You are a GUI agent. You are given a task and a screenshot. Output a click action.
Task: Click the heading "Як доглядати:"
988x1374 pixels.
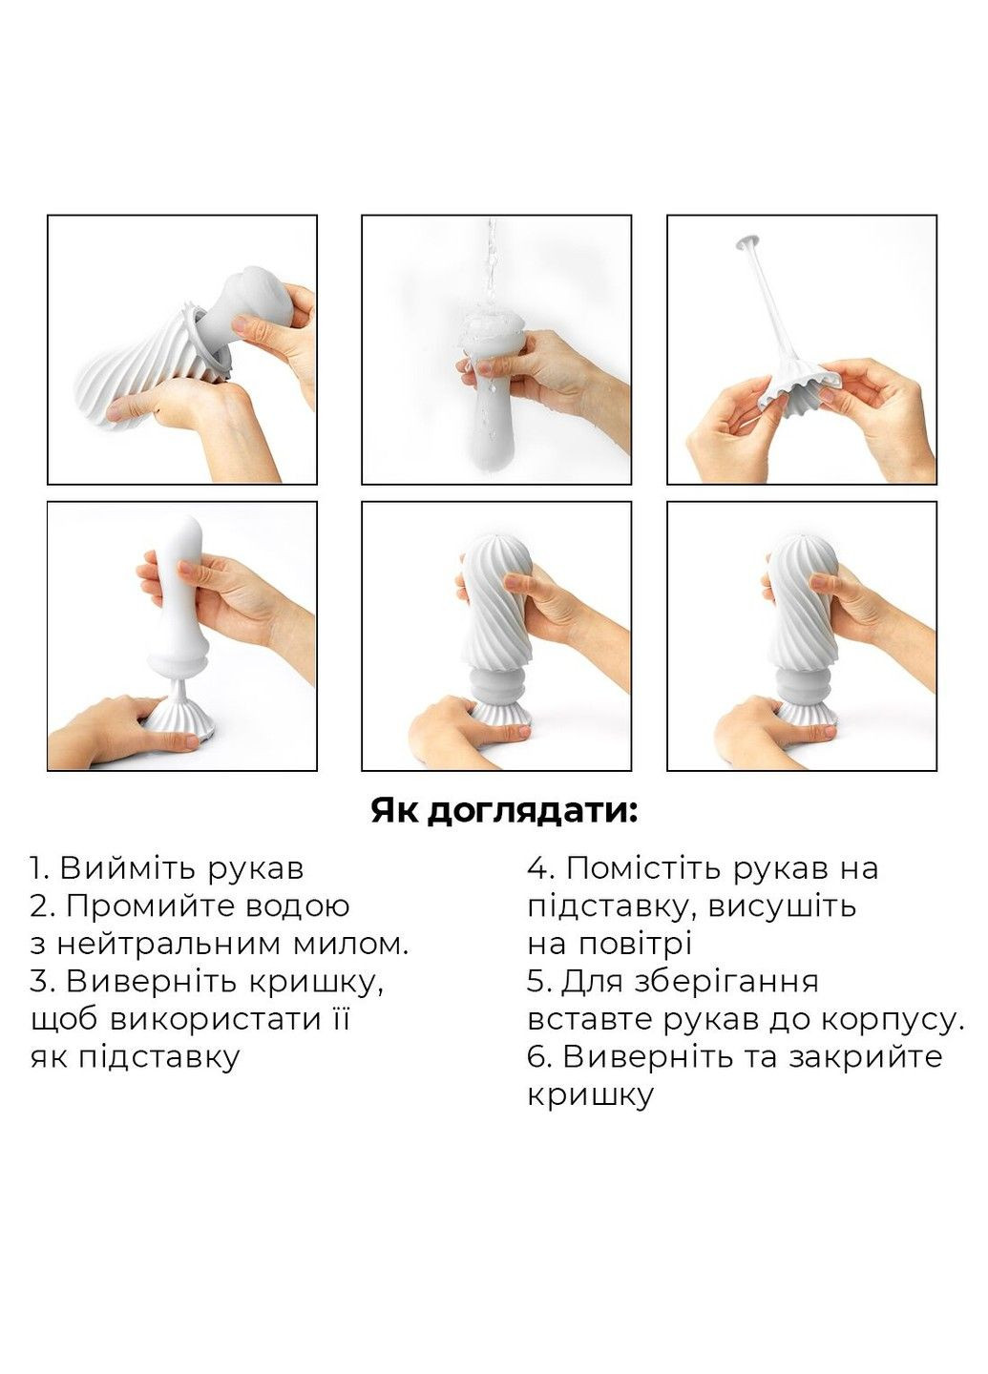(x=503, y=812)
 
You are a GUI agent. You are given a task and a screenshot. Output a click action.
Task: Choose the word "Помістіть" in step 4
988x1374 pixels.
(x=647, y=868)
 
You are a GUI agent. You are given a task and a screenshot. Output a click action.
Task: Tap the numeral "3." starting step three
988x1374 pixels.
(x=43, y=981)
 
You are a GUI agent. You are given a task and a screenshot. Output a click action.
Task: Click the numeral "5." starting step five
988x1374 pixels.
(x=539, y=981)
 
